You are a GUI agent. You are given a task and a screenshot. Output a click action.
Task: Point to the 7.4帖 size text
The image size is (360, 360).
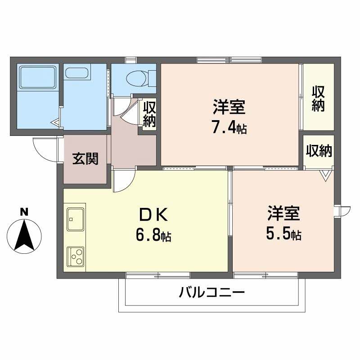(x=229, y=128)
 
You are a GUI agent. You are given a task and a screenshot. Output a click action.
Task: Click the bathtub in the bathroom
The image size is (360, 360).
(x=38, y=76)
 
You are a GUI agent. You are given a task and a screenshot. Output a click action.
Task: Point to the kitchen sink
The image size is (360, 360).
(x=76, y=219)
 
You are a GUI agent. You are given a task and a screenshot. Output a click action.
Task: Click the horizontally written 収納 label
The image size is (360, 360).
(x=319, y=151)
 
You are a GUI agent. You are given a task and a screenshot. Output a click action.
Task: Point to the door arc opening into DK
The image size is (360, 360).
(x=122, y=181)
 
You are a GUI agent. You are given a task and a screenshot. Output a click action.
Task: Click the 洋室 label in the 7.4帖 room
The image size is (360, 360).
(x=229, y=108)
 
